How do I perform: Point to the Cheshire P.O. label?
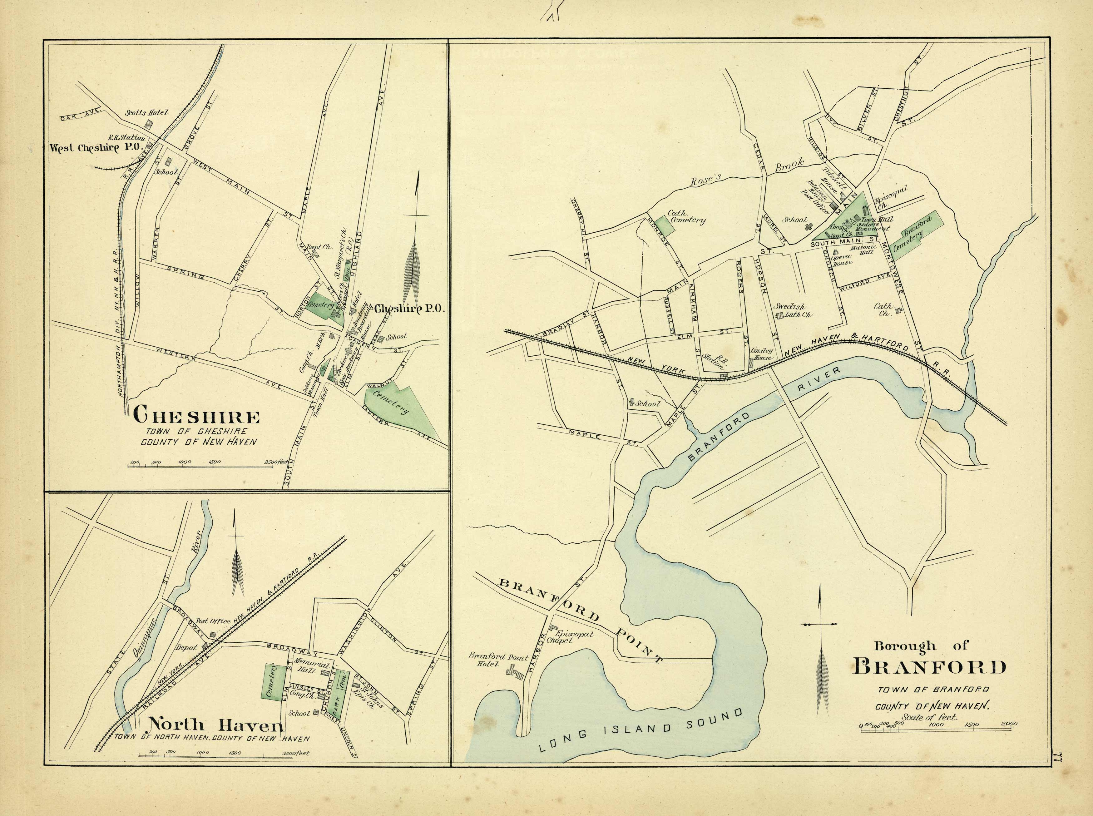pyautogui.click(x=410, y=309)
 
